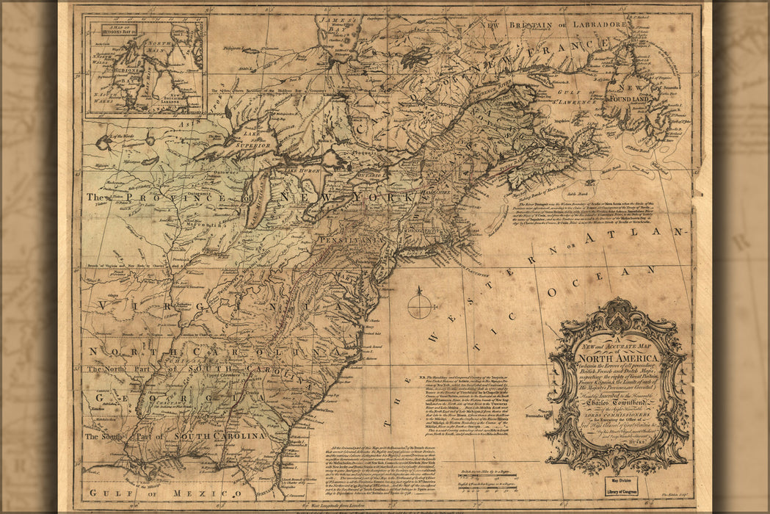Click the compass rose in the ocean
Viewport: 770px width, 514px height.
pos(420,304)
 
